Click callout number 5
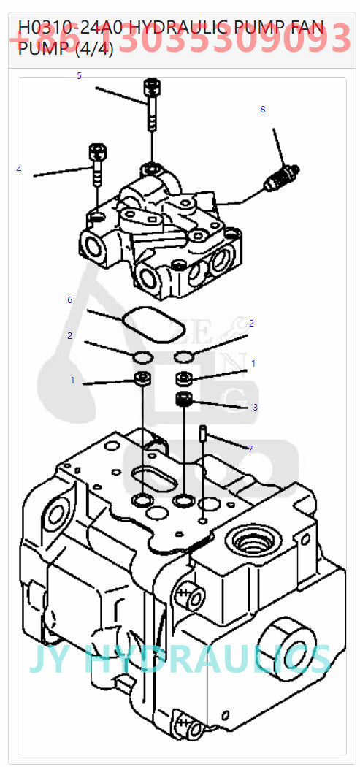[79, 76]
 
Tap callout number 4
[19, 169]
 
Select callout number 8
[263, 110]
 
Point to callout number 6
[69, 300]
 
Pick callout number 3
[255, 407]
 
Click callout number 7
[250, 449]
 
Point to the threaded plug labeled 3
[185, 399]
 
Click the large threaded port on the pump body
[252, 543]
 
